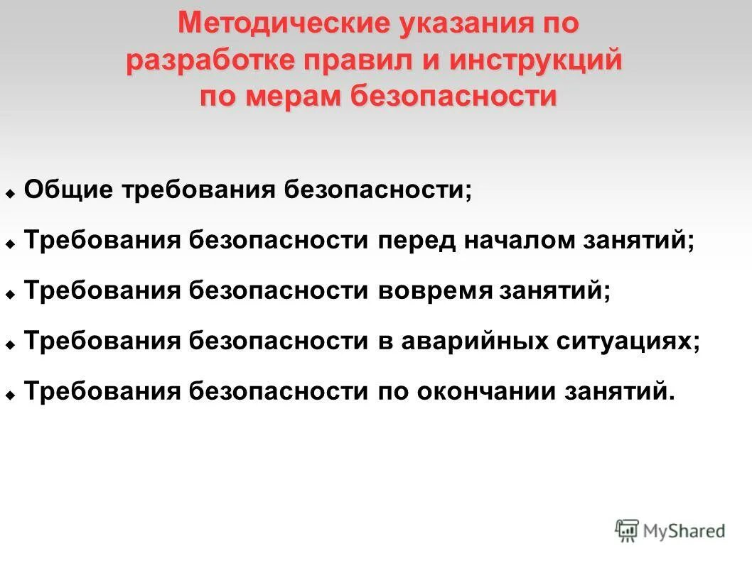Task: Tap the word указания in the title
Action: click(465, 24)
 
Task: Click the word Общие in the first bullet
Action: click(70, 190)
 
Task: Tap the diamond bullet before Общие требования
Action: click(11, 193)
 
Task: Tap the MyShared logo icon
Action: click(627, 530)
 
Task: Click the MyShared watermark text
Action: click(684, 530)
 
